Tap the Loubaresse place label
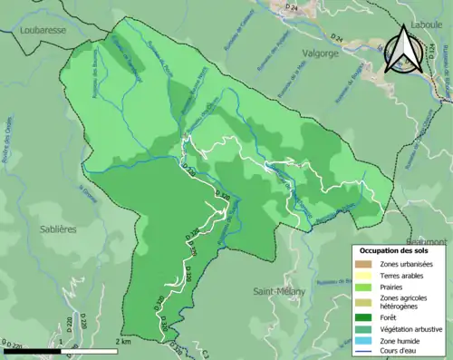click(43, 30)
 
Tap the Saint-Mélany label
click(276, 291)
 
